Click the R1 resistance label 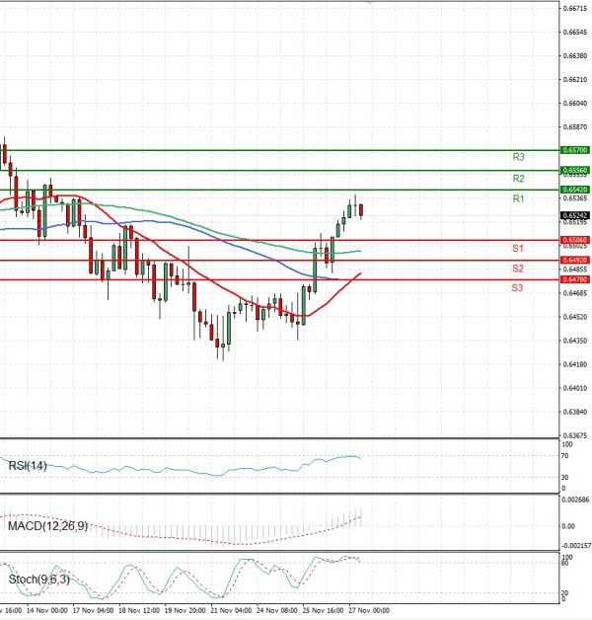tap(518, 199)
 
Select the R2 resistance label tap(518, 179)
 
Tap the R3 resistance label tap(518, 157)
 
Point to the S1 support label tap(517, 247)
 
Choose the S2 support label tap(517, 268)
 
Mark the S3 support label tap(517, 287)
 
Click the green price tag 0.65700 tap(574, 149)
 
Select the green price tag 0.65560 tap(574, 171)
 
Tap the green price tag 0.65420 tap(574, 189)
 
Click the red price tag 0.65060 tap(574, 240)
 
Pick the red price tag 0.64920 tap(574, 260)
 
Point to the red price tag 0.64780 tap(574, 279)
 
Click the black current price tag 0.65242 tap(574, 214)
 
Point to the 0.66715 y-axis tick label tap(576, 8)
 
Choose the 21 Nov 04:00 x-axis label tap(232, 611)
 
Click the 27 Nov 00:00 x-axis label tap(370, 611)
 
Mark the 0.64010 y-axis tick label tap(576, 416)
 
